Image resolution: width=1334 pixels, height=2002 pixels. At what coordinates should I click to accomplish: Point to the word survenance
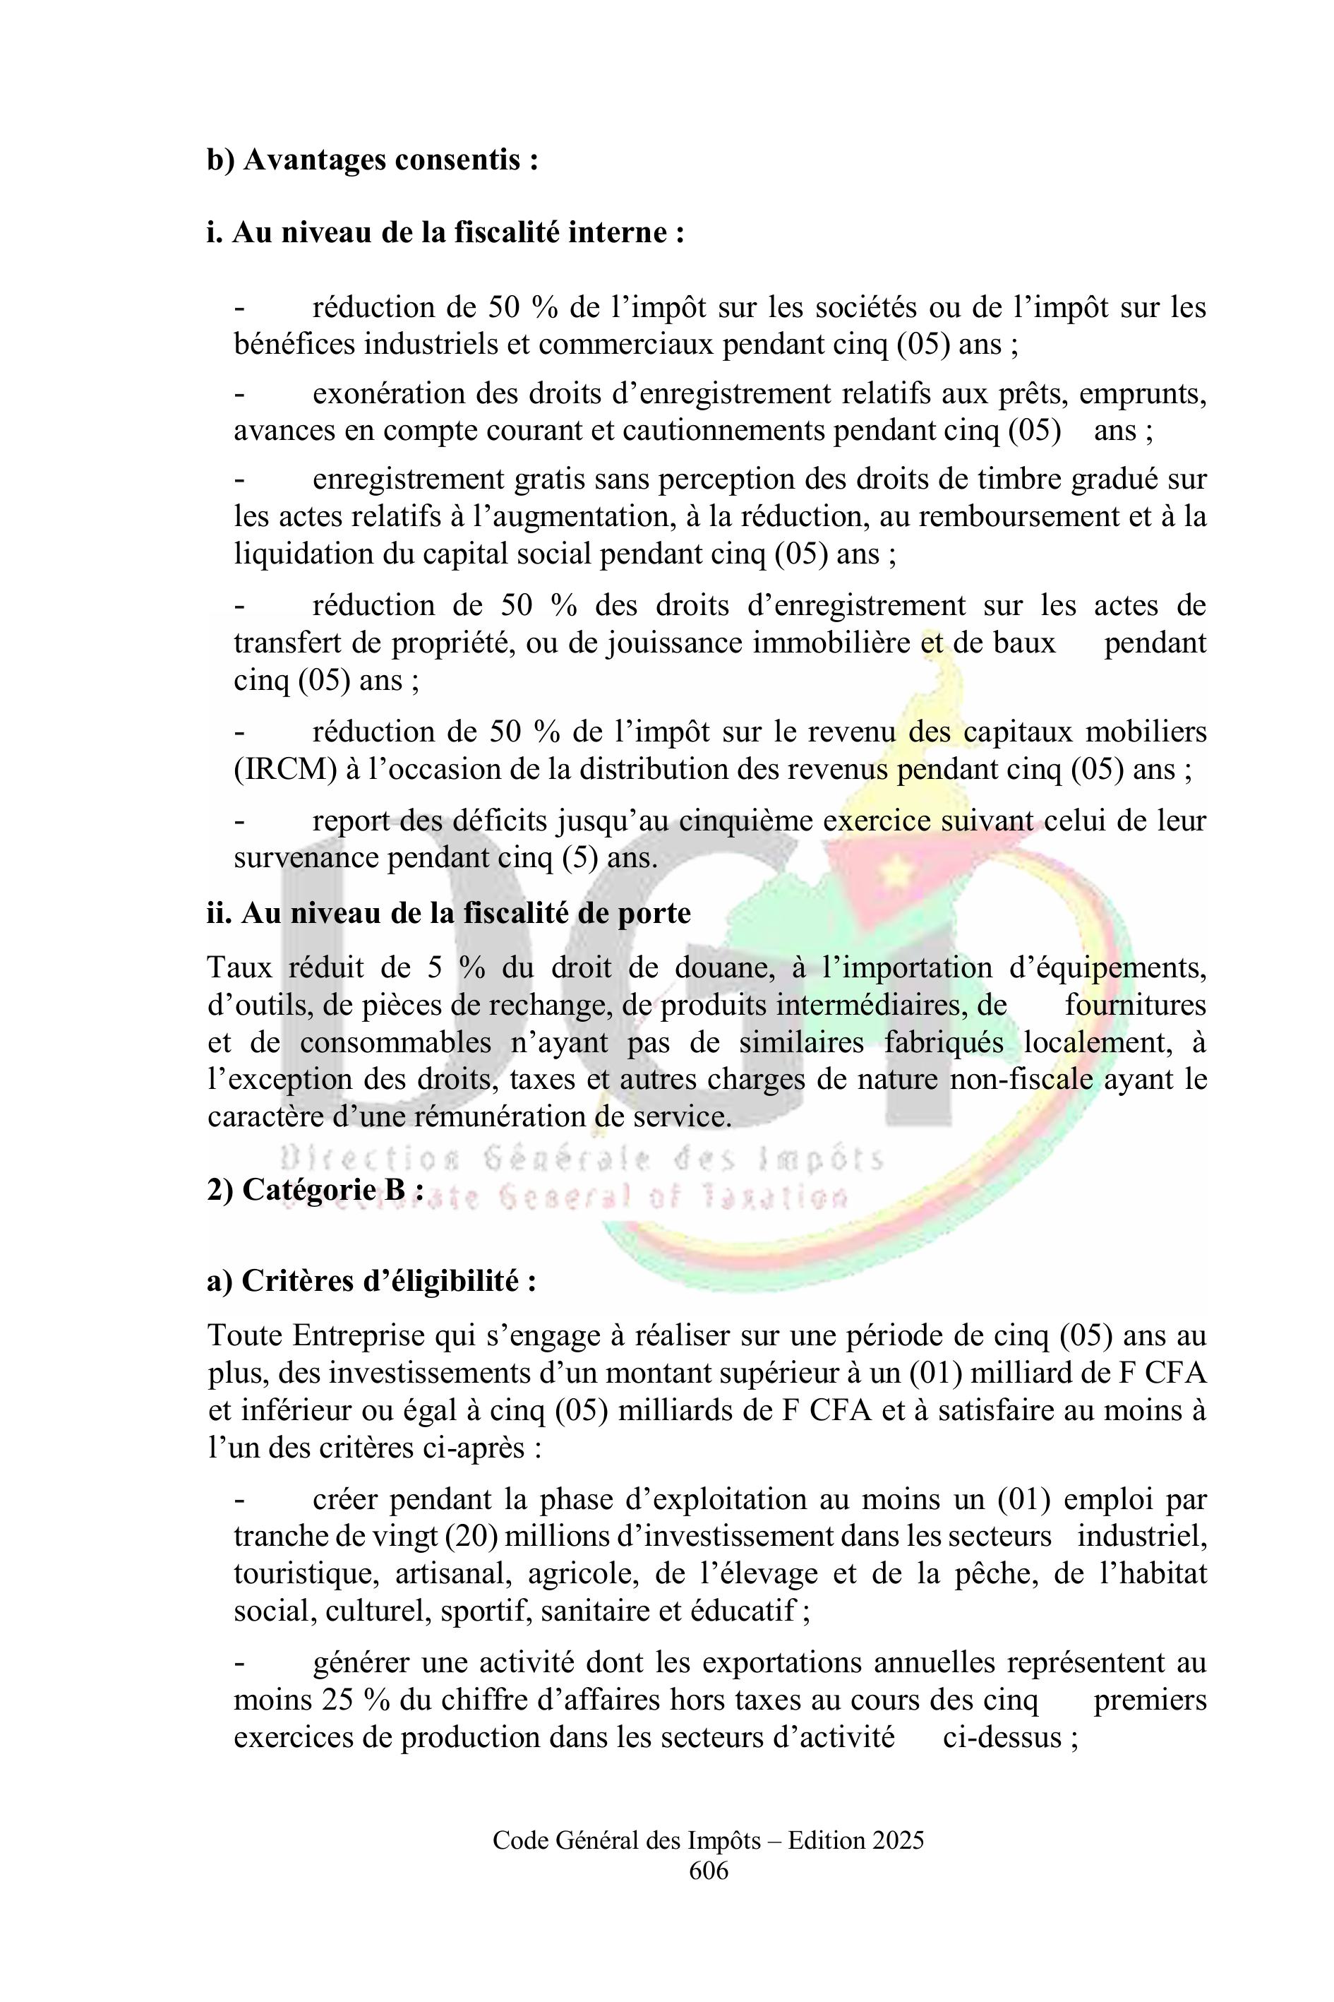pyautogui.click(x=306, y=857)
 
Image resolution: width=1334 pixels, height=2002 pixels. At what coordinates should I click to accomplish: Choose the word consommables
pyautogui.click(x=395, y=1043)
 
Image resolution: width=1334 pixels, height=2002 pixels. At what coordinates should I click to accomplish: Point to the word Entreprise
pyautogui.click(x=358, y=1335)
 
